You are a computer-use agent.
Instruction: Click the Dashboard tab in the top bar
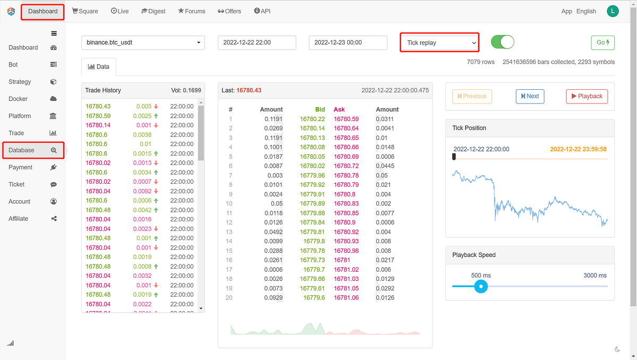point(42,11)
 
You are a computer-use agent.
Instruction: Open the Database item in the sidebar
point(33,150)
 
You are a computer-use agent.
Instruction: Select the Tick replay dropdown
point(440,42)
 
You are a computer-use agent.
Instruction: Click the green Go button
point(602,42)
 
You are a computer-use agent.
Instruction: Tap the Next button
point(530,96)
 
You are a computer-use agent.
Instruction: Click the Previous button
point(472,96)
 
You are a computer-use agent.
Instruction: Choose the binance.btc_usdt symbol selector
point(143,42)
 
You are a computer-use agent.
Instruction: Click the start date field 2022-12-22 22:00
point(257,42)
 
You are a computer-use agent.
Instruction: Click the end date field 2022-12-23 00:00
point(348,42)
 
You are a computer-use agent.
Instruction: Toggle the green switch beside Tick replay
point(502,42)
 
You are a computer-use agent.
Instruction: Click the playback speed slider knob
point(481,286)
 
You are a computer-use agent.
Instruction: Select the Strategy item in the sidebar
point(20,82)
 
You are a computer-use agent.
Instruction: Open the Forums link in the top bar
point(192,11)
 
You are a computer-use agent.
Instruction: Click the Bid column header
point(320,109)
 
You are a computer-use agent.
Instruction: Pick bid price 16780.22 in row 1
point(312,119)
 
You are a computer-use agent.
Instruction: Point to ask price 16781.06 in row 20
point(346,298)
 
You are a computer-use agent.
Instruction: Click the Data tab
point(99,67)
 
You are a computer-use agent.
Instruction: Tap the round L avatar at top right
point(613,11)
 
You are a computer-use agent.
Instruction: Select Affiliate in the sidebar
point(19,219)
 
